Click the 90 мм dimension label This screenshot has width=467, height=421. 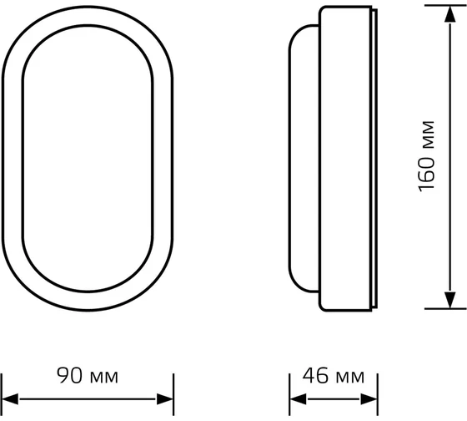(88, 376)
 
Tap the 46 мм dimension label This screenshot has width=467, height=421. (327, 376)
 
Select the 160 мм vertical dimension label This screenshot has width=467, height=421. (428, 155)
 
